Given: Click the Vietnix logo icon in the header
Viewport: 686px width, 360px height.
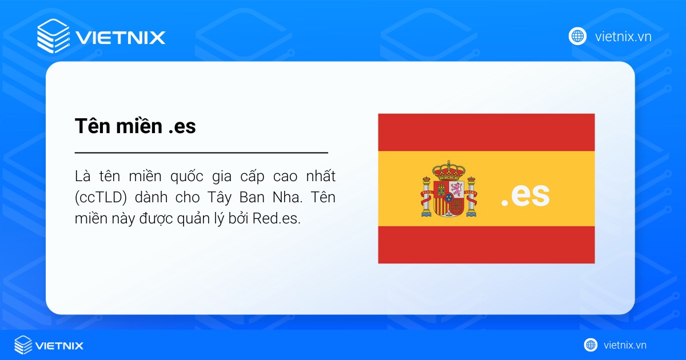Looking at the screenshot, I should tap(53, 36).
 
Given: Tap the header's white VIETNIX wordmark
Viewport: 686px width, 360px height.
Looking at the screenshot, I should tap(120, 38).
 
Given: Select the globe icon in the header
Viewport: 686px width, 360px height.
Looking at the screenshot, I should tap(577, 37).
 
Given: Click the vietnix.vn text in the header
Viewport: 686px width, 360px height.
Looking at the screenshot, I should tap(623, 37).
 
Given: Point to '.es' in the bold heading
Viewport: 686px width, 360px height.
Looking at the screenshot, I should tap(182, 126).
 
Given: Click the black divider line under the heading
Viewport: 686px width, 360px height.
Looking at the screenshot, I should tap(201, 153).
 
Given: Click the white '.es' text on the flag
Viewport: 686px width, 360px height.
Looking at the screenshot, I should tap(525, 195).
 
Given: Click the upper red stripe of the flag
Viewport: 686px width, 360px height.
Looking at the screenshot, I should tap(486, 132).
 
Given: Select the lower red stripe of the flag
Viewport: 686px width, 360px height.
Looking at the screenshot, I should tap(486, 244).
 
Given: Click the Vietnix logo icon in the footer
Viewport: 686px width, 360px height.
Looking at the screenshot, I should tap(23, 345).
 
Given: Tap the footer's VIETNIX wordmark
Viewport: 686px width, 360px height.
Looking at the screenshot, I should tap(59, 346).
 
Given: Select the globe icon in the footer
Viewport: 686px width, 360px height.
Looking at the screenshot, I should tap(591, 345).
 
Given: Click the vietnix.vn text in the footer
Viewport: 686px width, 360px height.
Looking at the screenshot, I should tap(625, 345).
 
